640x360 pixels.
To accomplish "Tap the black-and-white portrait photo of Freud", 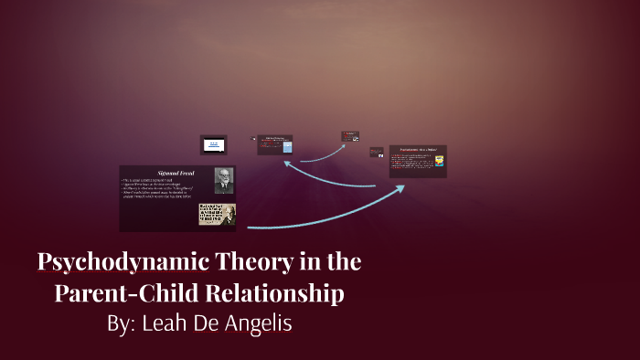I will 224,181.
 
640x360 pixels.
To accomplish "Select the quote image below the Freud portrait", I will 217,215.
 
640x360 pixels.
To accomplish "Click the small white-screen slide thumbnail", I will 213,144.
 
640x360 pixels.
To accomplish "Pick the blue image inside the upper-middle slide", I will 288,147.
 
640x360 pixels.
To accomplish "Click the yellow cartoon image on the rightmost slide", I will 439,161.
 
